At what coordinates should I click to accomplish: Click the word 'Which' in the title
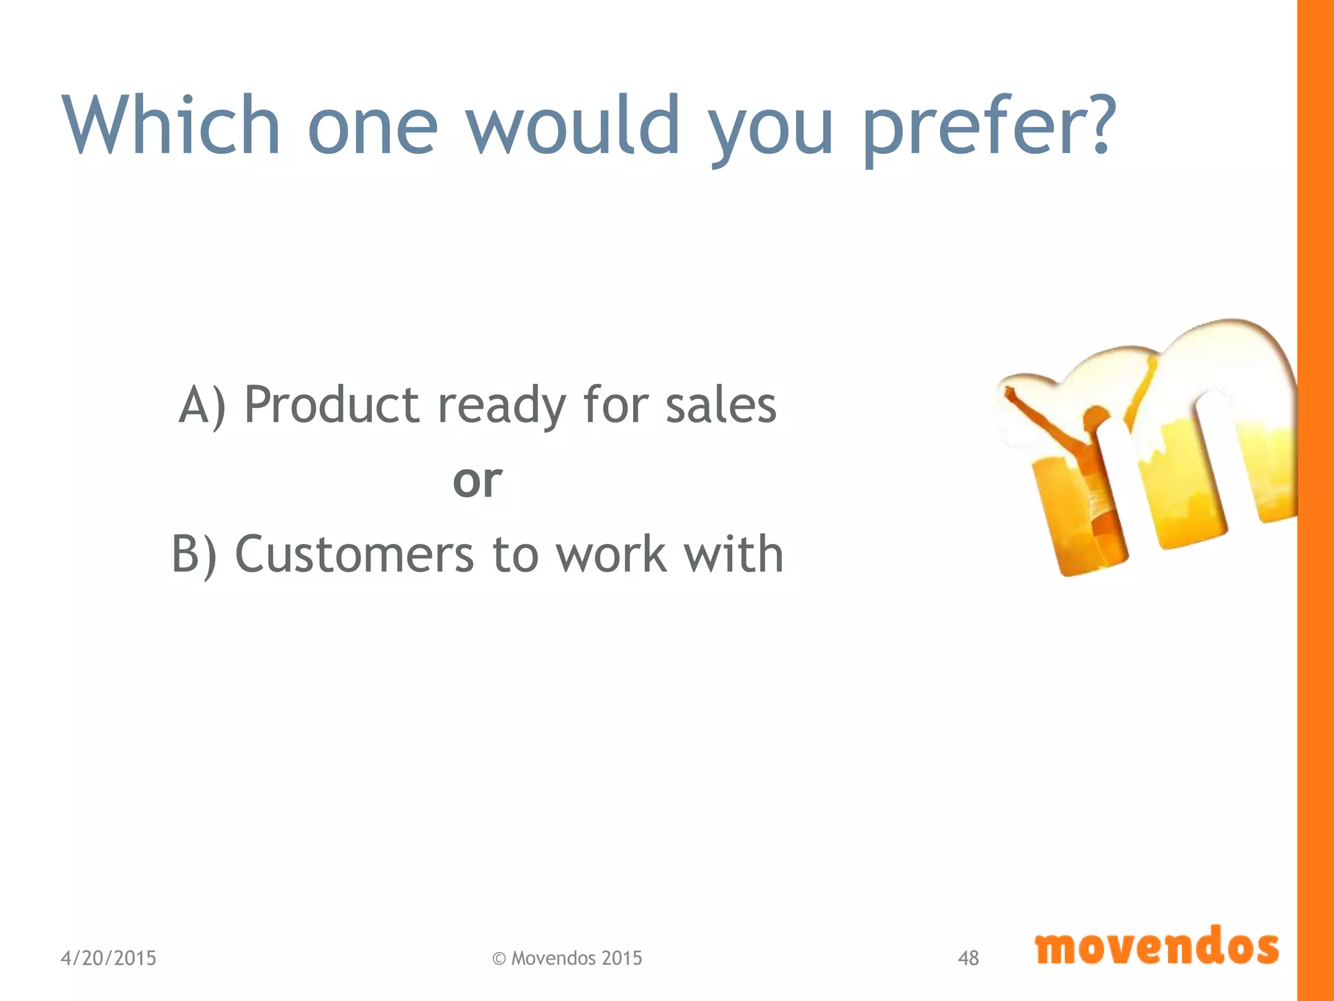click(171, 125)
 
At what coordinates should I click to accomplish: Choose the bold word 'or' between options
click(477, 481)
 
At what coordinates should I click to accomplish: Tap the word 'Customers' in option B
click(354, 555)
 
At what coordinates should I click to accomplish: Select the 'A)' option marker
click(203, 406)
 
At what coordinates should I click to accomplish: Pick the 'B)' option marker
click(194, 556)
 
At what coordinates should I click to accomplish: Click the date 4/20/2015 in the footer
click(108, 958)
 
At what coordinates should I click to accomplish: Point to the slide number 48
click(968, 958)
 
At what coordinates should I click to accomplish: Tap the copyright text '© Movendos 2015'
click(567, 958)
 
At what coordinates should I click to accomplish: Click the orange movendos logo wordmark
click(1157, 947)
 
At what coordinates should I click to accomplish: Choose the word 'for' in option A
click(616, 405)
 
